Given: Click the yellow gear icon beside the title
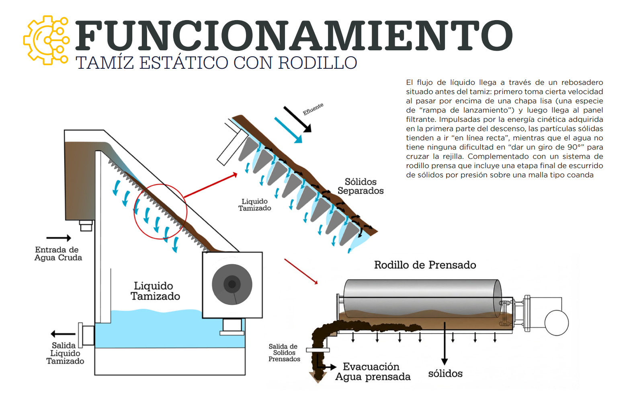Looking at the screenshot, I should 46,40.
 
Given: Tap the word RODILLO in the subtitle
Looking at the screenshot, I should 318,63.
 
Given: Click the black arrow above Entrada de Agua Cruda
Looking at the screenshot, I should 59,238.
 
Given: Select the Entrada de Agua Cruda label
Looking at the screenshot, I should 58,254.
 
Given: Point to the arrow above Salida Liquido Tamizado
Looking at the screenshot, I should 63,334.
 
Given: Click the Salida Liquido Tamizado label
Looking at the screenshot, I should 65,353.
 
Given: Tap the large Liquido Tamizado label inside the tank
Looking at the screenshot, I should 155,291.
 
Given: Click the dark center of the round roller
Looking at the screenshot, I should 232,284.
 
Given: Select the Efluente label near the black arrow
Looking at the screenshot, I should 313,109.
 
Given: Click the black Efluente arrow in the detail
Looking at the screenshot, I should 297,119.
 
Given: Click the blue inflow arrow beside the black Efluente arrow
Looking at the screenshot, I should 288,130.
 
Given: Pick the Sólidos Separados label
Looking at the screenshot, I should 361,186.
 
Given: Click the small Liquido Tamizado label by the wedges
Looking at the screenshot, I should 254,205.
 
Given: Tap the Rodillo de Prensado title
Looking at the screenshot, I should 425,265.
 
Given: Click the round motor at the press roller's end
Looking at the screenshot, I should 557,323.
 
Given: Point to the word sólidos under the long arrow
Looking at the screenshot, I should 445,374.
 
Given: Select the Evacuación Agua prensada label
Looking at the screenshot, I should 373,372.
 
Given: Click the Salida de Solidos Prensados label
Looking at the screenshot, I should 284,353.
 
